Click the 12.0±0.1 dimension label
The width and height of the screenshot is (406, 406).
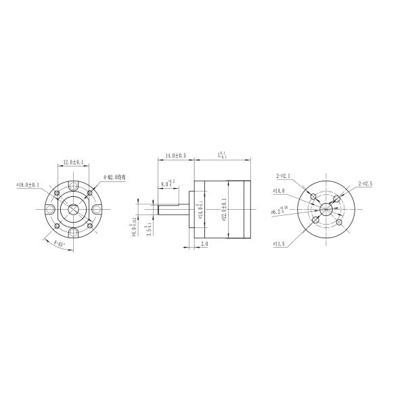point(73,162)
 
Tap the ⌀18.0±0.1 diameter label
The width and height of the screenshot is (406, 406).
point(28,184)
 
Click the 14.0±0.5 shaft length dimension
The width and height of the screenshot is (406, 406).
point(176,156)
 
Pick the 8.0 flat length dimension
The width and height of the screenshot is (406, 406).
point(168,183)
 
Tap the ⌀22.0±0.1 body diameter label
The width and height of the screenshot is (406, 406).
point(223,209)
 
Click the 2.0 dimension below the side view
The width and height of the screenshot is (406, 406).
point(204,243)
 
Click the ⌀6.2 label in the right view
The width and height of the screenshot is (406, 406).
point(279,210)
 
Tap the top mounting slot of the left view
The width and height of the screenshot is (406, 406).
point(73,185)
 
